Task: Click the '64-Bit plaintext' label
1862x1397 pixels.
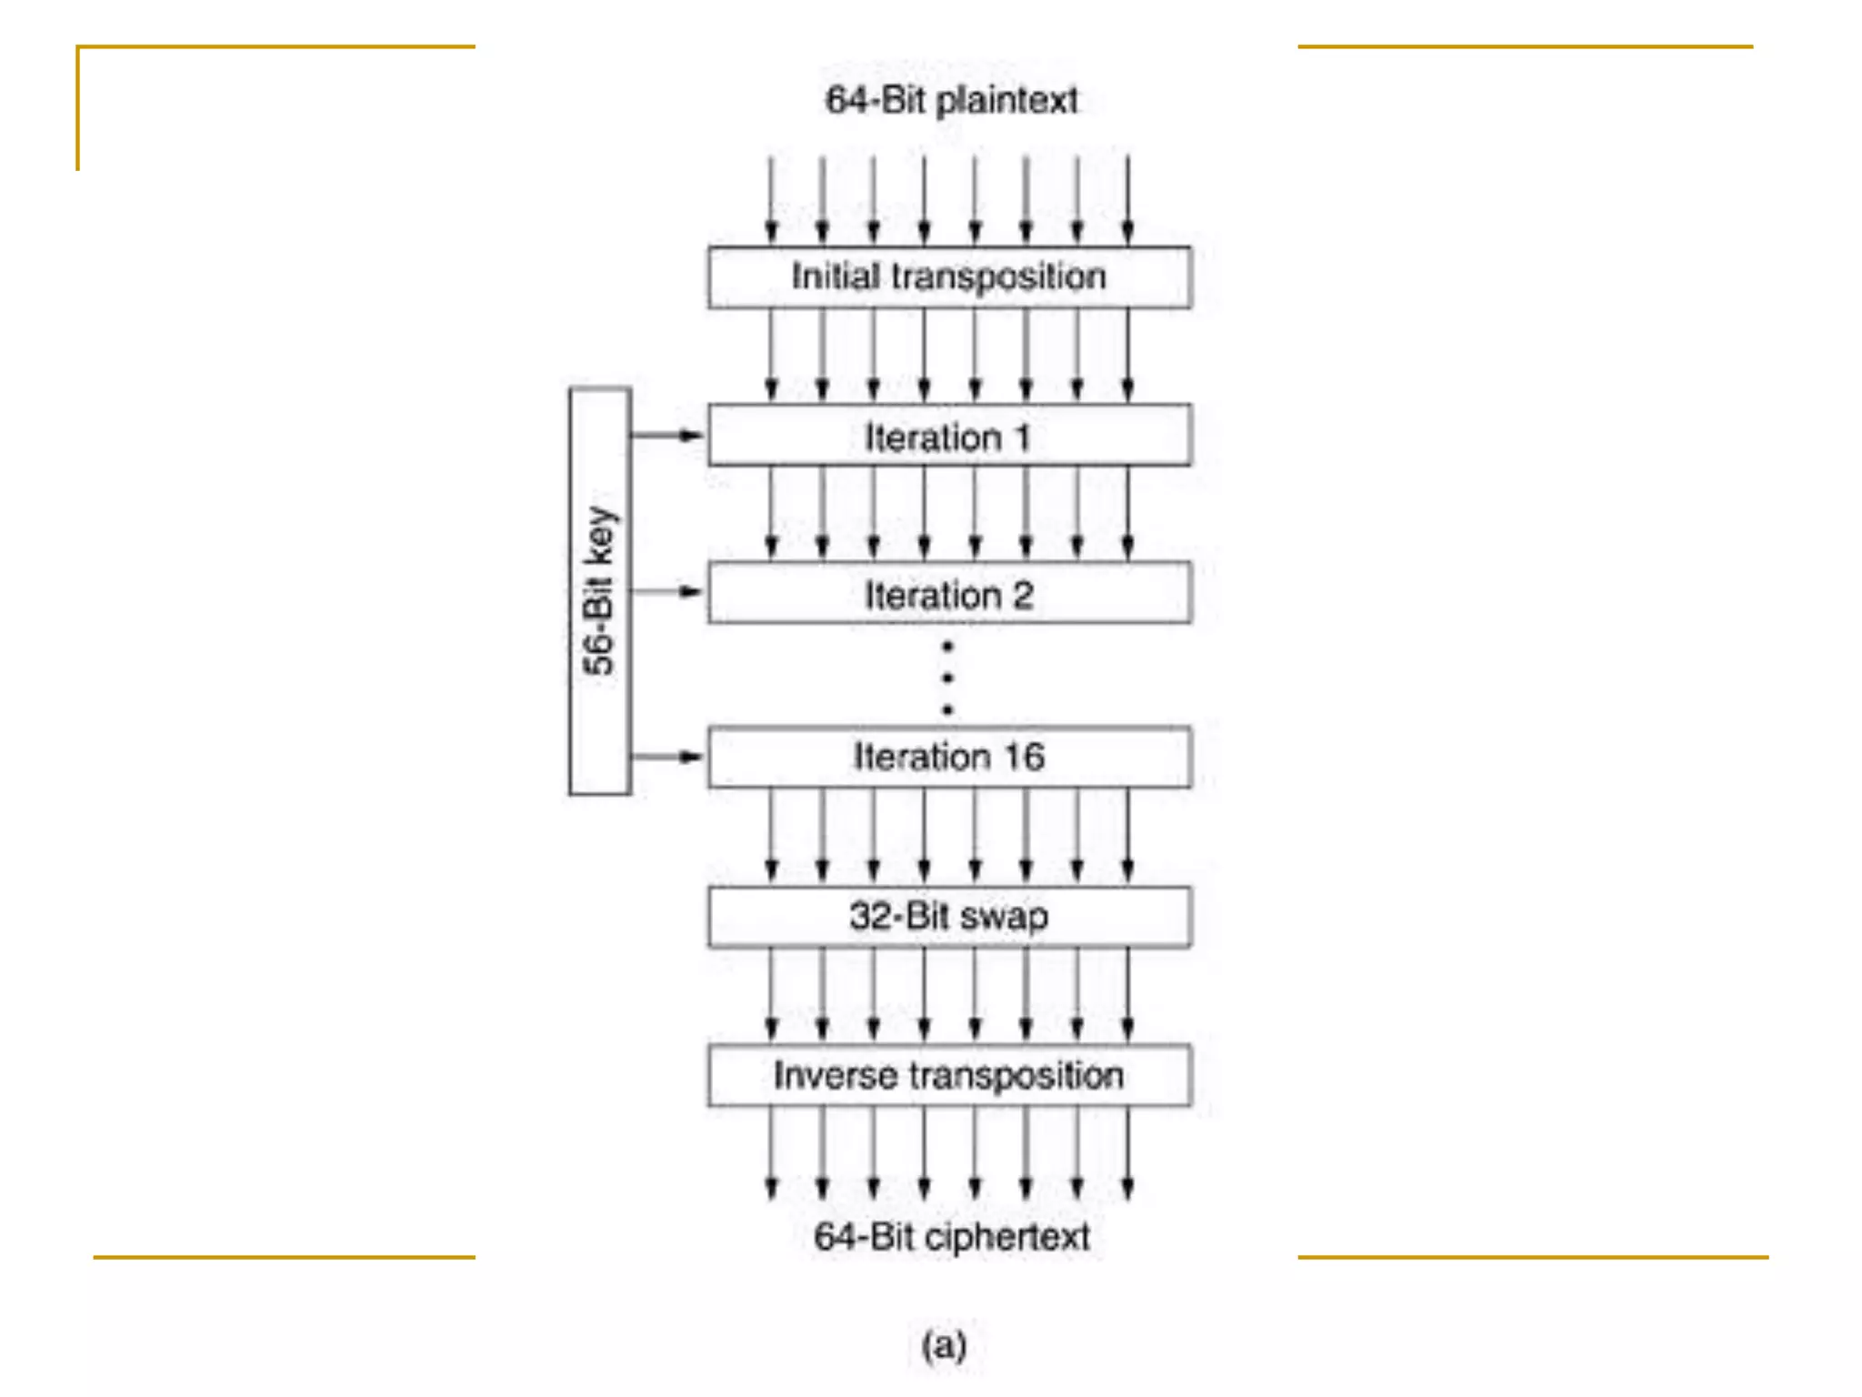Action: click(x=951, y=100)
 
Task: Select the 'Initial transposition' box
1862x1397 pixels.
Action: click(x=949, y=277)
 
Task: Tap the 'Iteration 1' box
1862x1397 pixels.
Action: click(x=949, y=436)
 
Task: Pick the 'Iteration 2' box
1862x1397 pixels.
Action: click(x=949, y=593)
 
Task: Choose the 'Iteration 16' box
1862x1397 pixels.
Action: click(x=949, y=757)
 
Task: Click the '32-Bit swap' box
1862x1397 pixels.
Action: click(x=949, y=917)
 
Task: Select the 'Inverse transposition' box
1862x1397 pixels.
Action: click(x=949, y=1076)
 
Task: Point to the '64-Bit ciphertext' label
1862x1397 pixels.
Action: click(x=951, y=1237)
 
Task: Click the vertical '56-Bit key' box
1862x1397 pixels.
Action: click(x=600, y=591)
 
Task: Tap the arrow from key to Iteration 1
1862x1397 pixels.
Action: click(x=668, y=436)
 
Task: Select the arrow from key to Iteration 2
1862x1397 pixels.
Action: click(x=668, y=592)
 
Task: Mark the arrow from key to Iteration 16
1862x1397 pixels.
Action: click(x=668, y=757)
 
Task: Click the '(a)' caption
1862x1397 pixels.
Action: click(x=944, y=1345)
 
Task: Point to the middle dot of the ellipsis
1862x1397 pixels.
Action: click(x=948, y=678)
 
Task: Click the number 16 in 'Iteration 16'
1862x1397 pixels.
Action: click(x=1023, y=757)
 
